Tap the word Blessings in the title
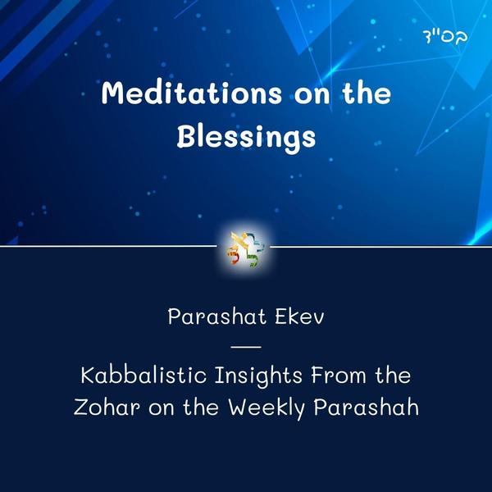click(x=246, y=136)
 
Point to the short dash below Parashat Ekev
click(x=246, y=348)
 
